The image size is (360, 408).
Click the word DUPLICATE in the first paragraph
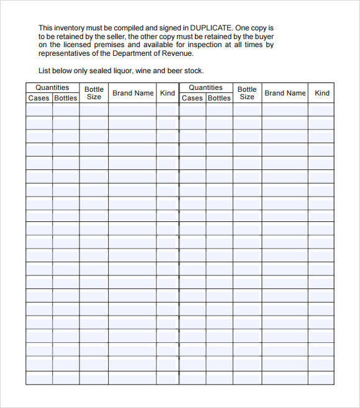click(212, 28)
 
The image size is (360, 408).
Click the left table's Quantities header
click(52, 87)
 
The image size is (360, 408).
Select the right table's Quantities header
click(205, 87)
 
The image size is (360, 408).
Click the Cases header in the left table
click(38, 98)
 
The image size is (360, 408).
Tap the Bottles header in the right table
click(219, 98)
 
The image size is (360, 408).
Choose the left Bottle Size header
click(94, 93)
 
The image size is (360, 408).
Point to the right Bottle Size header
click(247, 93)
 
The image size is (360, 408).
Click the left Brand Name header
click(133, 93)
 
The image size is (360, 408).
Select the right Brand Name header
click(285, 93)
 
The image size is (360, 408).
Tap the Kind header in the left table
click(168, 93)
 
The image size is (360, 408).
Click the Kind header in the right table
click(322, 93)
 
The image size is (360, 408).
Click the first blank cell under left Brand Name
click(132, 110)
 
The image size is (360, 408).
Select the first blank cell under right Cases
click(192, 110)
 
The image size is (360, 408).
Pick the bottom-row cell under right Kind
click(321, 377)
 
